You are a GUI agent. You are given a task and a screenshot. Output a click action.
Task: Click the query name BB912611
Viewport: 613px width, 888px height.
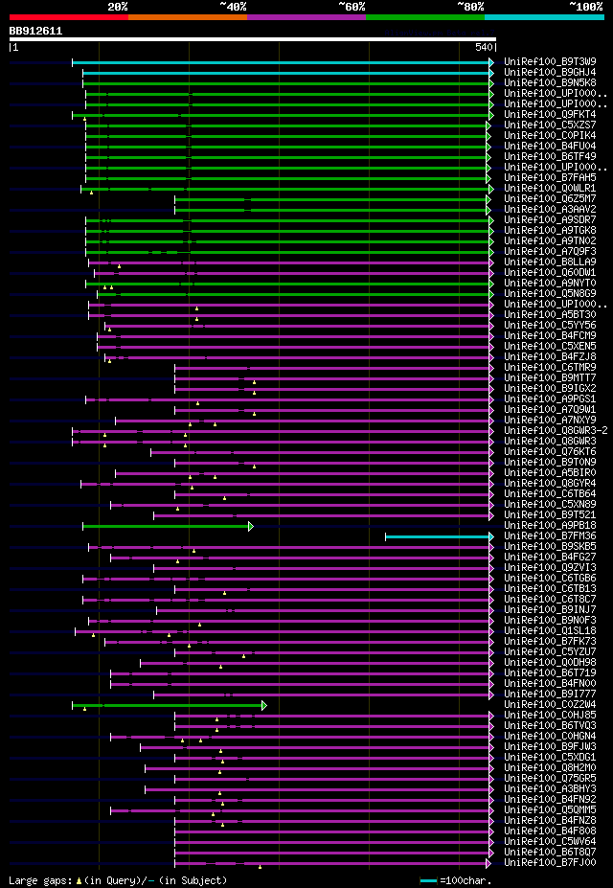35,31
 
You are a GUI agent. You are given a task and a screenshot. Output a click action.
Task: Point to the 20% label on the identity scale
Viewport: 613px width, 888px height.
118,7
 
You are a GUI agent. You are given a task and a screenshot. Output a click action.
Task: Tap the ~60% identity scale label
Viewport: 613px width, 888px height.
352,7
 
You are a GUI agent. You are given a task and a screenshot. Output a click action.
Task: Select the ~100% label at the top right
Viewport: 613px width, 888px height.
585,7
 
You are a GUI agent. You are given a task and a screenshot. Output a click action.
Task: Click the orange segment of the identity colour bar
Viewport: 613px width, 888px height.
187,16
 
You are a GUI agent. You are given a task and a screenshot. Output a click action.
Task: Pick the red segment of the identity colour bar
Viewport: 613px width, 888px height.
68,16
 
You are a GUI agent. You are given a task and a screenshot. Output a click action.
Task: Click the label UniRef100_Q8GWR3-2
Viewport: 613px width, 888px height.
555,431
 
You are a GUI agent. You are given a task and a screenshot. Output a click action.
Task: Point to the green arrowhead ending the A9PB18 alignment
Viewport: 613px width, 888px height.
251,526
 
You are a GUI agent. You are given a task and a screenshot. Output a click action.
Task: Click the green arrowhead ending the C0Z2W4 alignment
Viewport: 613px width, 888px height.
264,705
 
